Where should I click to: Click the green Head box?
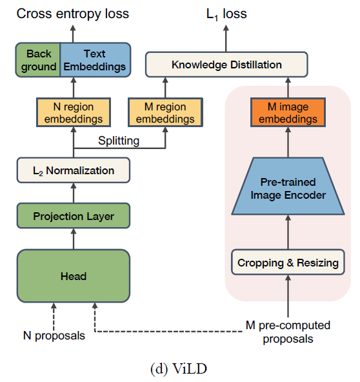[74, 276]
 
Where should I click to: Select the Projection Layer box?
[74, 216]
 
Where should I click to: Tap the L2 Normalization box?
[74, 170]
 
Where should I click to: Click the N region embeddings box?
[74, 112]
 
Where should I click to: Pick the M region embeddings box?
[165, 112]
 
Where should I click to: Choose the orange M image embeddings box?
[288, 112]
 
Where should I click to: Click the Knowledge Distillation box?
[226, 65]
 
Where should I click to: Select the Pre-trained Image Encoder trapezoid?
[288, 186]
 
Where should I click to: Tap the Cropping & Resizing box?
[288, 262]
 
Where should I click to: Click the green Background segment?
[38, 60]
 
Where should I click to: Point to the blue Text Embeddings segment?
[95, 60]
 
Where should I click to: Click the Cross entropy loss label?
[73, 14]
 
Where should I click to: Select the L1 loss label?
[226, 14]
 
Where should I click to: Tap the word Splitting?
[119, 141]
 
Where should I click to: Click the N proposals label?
[54, 336]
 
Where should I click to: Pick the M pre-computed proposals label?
[288, 332]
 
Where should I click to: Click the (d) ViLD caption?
[179, 368]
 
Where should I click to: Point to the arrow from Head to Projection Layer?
[74, 239]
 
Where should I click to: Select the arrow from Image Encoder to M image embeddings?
[288, 142]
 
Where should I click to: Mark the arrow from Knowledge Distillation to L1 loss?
[226, 38]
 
